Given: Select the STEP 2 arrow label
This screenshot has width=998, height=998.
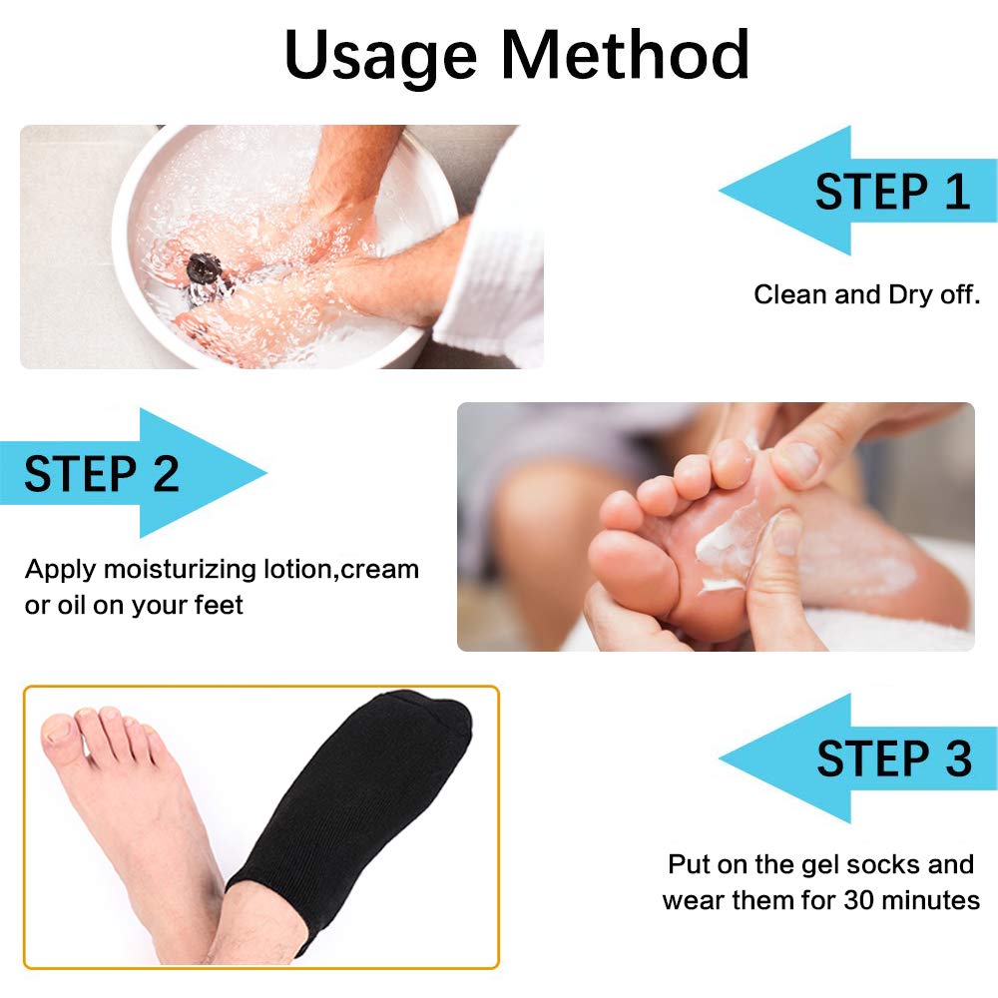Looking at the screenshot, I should [x=102, y=473].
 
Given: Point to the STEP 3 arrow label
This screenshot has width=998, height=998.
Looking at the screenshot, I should [x=893, y=758].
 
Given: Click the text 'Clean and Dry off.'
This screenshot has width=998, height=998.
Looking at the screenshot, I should [x=867, y=295].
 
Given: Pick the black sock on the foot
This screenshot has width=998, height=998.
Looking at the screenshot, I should [x=349, y=798].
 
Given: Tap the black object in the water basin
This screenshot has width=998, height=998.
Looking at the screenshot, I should [x=203, y=267].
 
